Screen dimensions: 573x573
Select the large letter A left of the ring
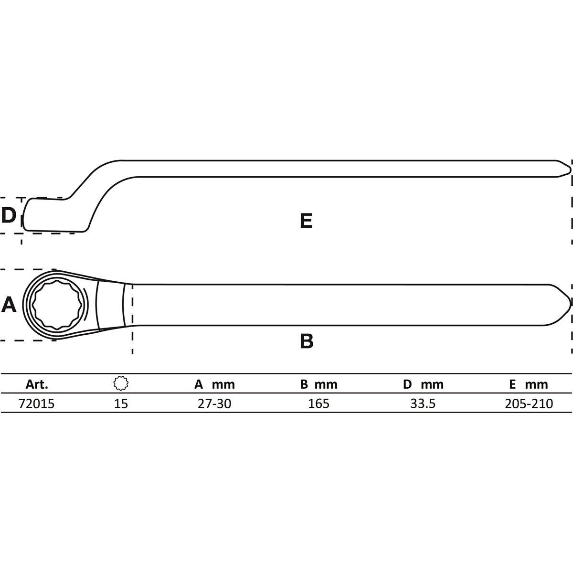click(9, 305)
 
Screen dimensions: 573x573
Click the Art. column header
click(37, 384)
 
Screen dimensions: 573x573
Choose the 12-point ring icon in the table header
click(121, 383)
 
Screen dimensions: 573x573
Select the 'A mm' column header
click(214, 384)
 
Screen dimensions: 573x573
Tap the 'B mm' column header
click(319, 384)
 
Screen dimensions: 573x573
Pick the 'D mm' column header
click(423, 384)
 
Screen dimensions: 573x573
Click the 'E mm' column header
click(529, 384)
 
